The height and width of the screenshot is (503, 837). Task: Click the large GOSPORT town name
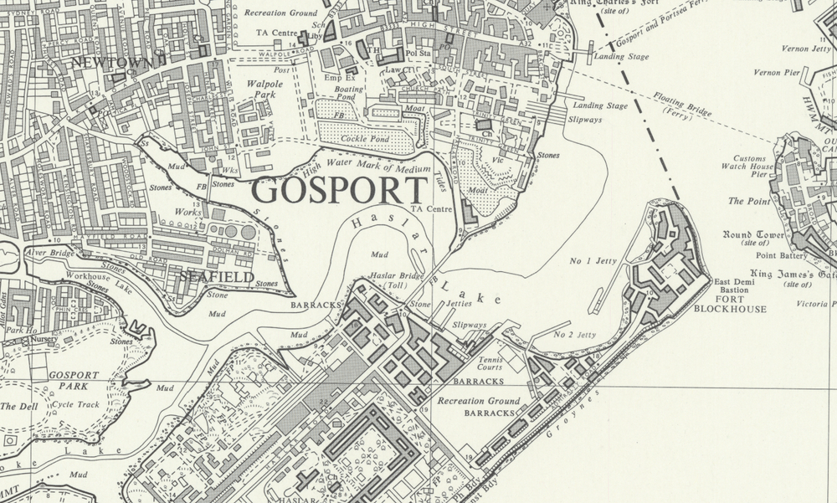click(x=340, y=192)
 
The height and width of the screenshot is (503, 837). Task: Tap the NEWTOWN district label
click(x=113, y=63)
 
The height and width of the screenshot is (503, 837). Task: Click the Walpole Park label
click(x=265, y=90)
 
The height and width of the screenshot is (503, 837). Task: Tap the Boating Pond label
click(x=348, y=94)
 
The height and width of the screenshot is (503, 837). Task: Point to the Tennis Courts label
click(x=490, y=363)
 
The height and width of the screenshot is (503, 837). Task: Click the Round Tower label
click(x=752, y=235)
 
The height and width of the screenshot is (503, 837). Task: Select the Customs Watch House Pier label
click(x=748, y=167)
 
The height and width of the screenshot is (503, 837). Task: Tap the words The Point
click(x=747, y=201)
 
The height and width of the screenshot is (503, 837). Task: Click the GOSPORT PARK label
click(x=73, y=381)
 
